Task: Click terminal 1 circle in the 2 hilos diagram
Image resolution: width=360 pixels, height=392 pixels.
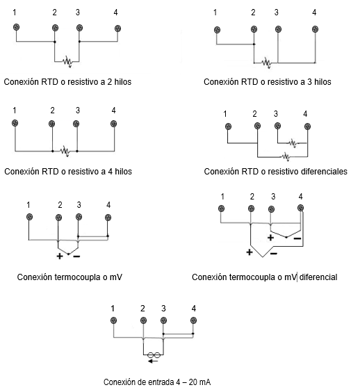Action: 17,27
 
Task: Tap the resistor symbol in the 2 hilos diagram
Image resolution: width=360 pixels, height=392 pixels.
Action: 67,61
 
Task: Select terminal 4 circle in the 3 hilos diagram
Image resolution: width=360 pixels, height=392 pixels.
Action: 316,29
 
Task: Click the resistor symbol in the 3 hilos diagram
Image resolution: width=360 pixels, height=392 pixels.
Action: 266,63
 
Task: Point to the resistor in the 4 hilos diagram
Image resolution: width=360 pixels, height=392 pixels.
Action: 65,151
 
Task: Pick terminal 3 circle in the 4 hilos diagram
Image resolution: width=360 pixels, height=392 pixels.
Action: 76,124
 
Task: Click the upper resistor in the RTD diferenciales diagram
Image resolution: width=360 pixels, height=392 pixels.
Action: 293,143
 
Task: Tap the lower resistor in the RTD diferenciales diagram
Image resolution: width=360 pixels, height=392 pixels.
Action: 286,157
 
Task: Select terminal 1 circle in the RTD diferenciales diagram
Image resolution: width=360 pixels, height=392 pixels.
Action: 228,126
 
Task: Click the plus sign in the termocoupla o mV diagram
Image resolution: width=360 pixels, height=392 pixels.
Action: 60,256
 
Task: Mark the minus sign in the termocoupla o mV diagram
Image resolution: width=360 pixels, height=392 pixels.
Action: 76,256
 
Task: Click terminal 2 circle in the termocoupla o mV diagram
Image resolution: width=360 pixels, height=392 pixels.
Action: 58,218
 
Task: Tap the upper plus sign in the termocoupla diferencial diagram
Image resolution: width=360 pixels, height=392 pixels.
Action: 270,238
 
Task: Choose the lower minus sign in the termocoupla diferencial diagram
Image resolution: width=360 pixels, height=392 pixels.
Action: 274,254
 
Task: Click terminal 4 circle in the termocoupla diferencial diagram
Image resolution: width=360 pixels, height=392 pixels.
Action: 301,208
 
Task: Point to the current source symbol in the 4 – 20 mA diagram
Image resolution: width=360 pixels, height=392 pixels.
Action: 154,355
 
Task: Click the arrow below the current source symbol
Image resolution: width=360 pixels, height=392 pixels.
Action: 153,361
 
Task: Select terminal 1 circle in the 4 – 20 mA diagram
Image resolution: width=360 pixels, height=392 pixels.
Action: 113,320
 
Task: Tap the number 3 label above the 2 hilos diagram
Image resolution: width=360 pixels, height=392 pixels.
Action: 78,13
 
